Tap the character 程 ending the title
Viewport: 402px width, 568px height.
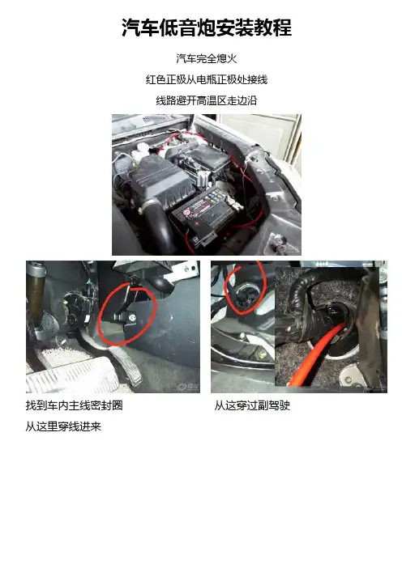tap(282, 28)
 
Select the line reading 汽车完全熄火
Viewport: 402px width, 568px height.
tap(207, 58)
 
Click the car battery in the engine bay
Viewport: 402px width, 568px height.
tap(203, 214)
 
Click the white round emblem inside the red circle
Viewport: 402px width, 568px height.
tap(131, 317)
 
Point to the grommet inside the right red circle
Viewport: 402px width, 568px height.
tap(243, 295)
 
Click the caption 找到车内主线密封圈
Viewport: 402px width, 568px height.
tap(74, 405)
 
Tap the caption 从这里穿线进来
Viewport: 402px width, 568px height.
tap(63, 426)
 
